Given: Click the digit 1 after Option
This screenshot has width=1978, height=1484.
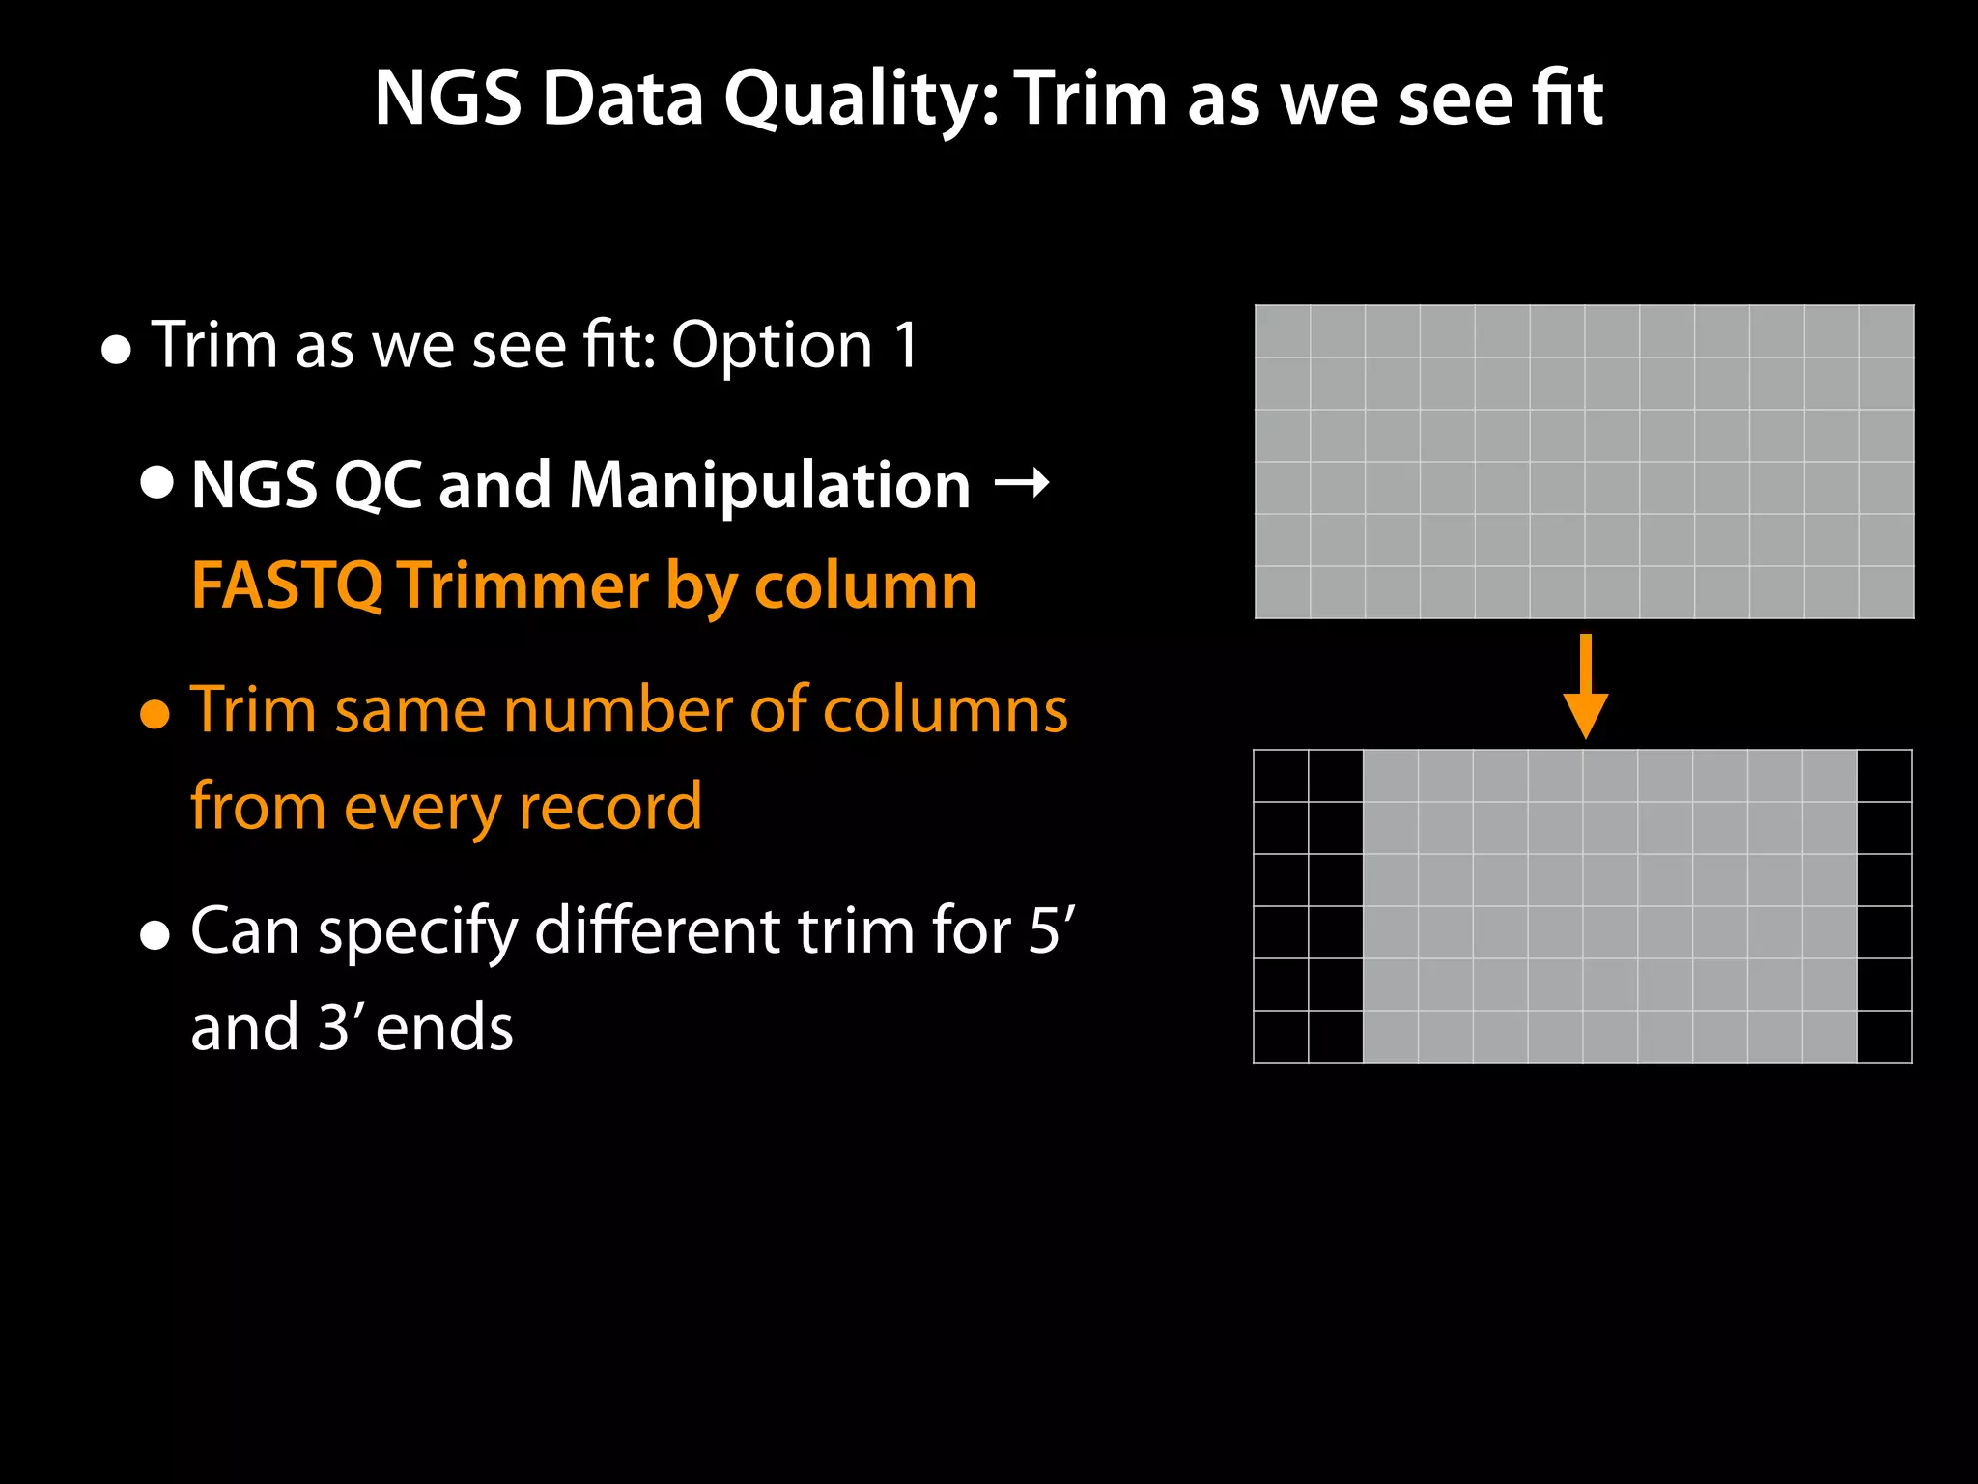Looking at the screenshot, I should (906, 345).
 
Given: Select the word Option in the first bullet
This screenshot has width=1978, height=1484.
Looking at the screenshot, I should (772, 345).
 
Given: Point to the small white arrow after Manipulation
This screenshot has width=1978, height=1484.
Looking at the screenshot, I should (1022, 481).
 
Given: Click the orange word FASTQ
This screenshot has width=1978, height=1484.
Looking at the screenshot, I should (287, 585).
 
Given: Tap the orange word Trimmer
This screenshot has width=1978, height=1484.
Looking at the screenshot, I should (523, 585).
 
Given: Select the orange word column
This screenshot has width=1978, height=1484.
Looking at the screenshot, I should (865, 585).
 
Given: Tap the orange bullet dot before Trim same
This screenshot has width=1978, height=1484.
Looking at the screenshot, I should (155, 715).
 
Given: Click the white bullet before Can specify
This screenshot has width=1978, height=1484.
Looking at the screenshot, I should (155, 935).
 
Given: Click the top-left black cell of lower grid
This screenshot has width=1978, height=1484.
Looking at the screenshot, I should (1281, 776).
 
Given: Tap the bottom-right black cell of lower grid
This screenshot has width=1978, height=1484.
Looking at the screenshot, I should (1884, 1037).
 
